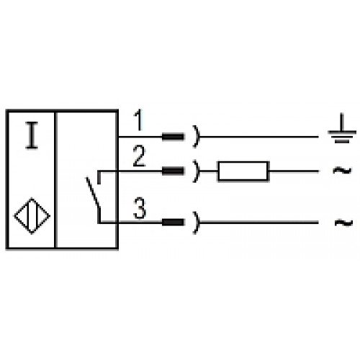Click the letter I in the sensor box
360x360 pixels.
pos(32,135)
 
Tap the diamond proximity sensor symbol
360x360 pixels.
pos(32,216)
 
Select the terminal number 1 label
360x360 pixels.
pos(138,120)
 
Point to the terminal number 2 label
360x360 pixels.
pos(139,156)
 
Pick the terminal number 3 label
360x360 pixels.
pos(140,208)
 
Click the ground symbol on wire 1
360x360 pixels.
pos(342,128)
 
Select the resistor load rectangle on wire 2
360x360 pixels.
pos(243,171)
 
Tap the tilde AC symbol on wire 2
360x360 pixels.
pos(342,171)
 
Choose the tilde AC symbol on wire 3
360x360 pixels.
pos(343,222)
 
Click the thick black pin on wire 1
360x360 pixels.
pos(173,137)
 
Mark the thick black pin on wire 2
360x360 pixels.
pos(173,171)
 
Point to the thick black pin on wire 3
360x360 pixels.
pos(173,222)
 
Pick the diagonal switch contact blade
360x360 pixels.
pos(93,192)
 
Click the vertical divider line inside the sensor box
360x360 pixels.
pos(55,179)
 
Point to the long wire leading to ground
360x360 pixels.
pos(259,137)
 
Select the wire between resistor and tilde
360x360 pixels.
pos(294,171)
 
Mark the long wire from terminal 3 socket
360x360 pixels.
pos(259,222)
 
